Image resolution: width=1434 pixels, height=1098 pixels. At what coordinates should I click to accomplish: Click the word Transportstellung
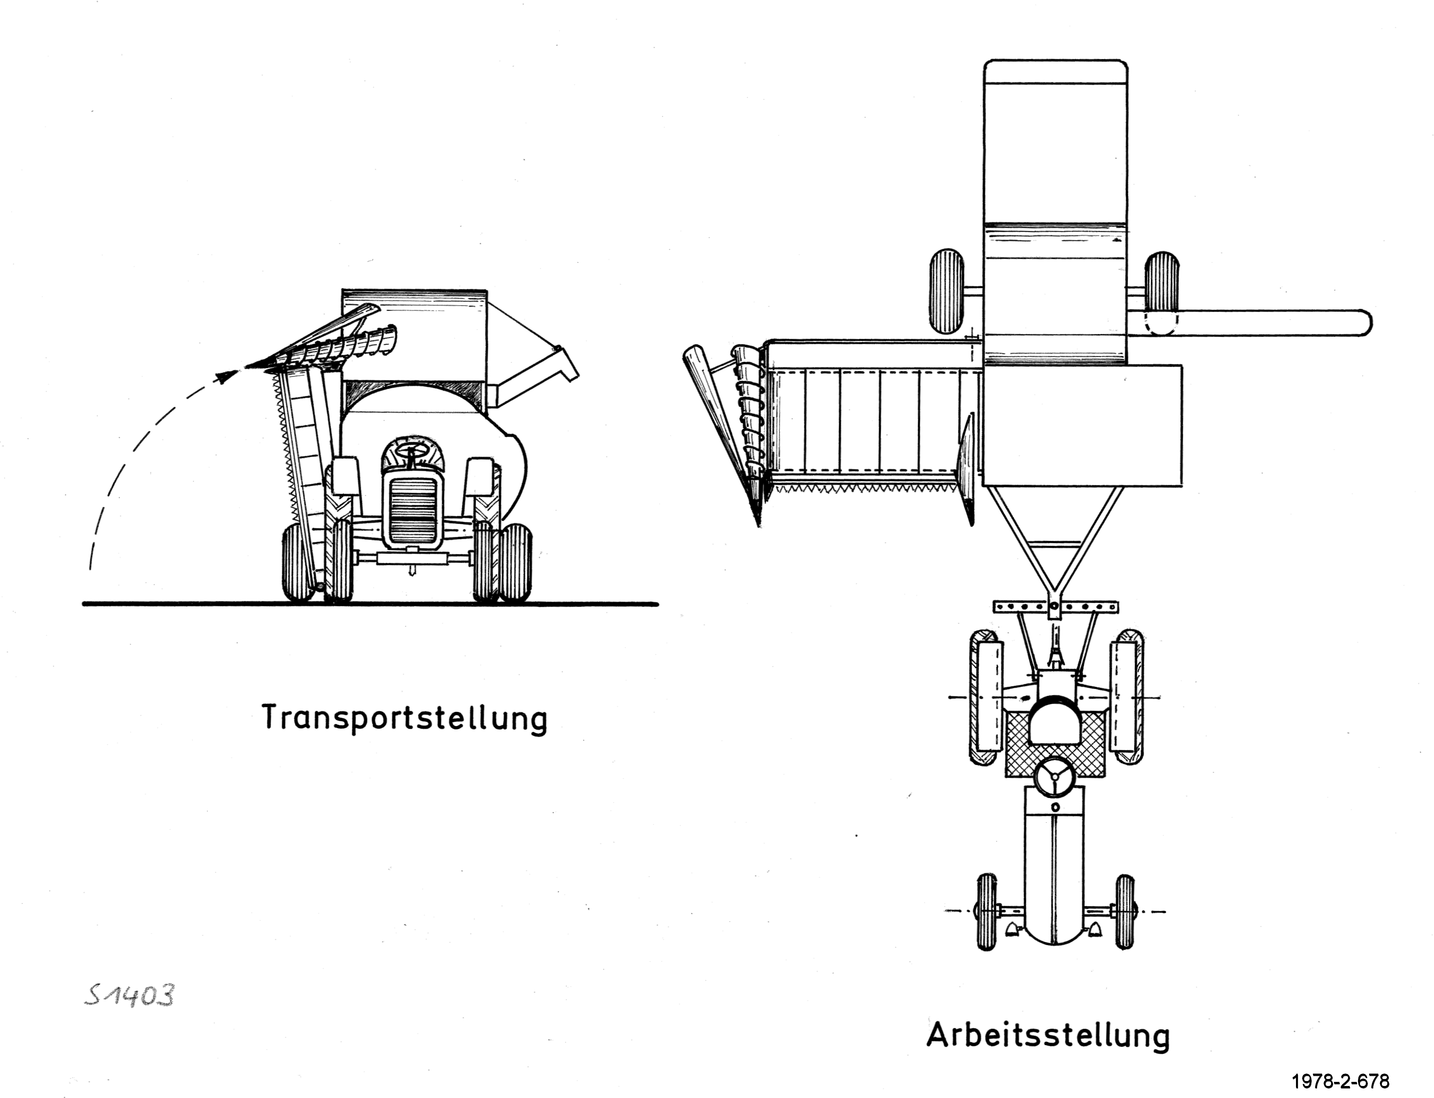tap(405, 718)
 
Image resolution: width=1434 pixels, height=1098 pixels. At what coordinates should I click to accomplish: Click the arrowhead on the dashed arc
tap(227, 376)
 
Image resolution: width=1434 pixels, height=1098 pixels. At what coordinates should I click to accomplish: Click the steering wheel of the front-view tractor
tap(410, 451)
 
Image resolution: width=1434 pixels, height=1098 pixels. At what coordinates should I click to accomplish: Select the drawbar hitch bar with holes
tap(1055, 607)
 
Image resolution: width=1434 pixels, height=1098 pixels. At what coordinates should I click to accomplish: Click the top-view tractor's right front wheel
tap(1125, 912)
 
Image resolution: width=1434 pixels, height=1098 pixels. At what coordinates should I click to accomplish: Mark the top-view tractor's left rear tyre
tap(985, 697)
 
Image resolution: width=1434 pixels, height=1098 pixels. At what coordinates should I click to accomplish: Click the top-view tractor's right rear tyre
tap(1127, 697)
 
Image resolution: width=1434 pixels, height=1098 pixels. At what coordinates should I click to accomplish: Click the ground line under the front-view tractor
tap(370, 604)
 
